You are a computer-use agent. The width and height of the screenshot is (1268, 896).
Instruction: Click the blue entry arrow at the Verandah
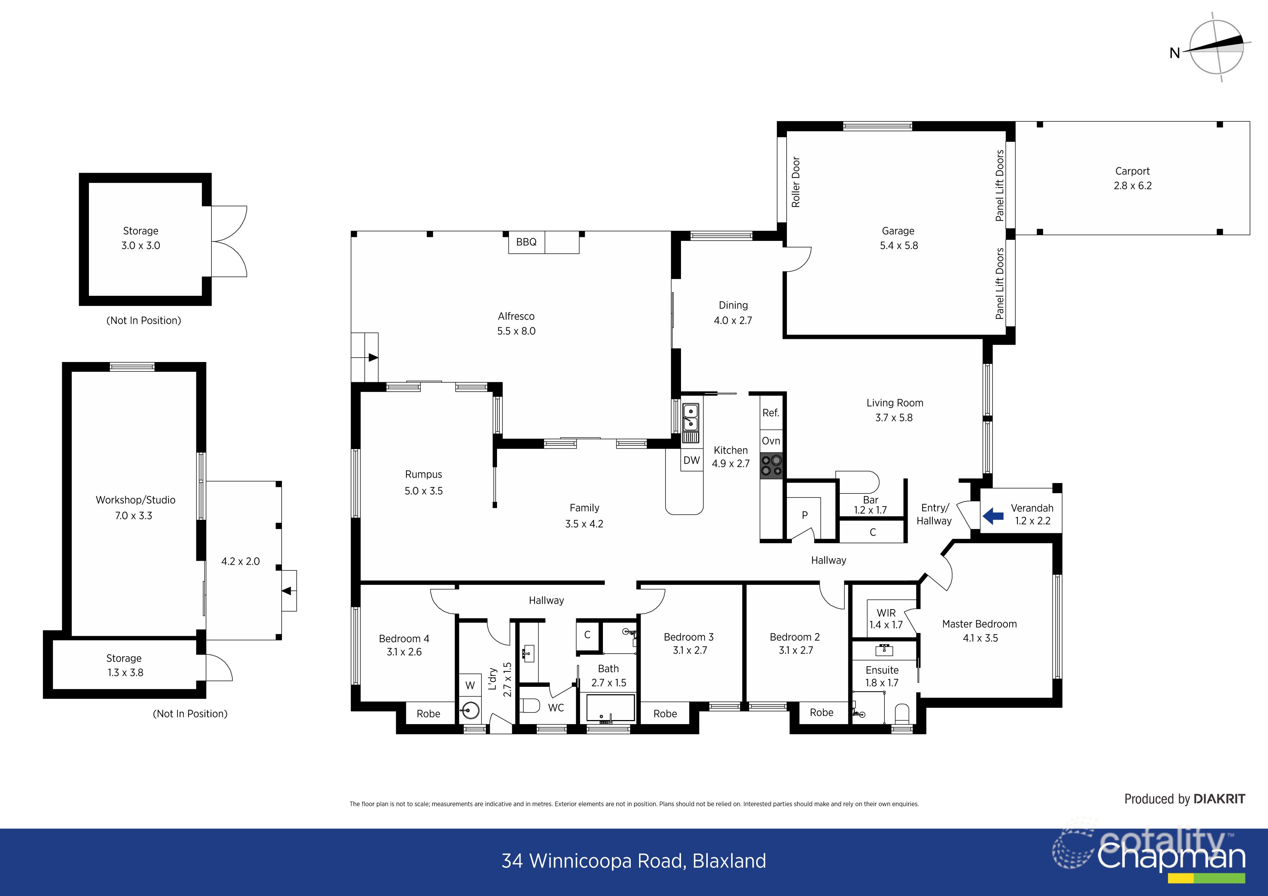point(993,516)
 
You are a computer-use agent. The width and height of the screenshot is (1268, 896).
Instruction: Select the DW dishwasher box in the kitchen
point(691,460)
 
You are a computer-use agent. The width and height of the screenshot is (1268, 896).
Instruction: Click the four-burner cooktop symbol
point(771,465)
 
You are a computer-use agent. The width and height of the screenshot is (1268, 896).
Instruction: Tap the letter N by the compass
point(1175,53)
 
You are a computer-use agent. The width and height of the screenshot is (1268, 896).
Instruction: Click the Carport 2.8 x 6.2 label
point(1132,178)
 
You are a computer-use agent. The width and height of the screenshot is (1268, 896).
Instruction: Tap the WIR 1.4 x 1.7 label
point(886,619)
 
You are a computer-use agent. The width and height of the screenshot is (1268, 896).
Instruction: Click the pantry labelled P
point(805,516)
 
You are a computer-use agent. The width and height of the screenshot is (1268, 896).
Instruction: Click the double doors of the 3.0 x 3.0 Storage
point(229,241)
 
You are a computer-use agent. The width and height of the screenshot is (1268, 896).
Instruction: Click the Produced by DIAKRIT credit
point(1185,799)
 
